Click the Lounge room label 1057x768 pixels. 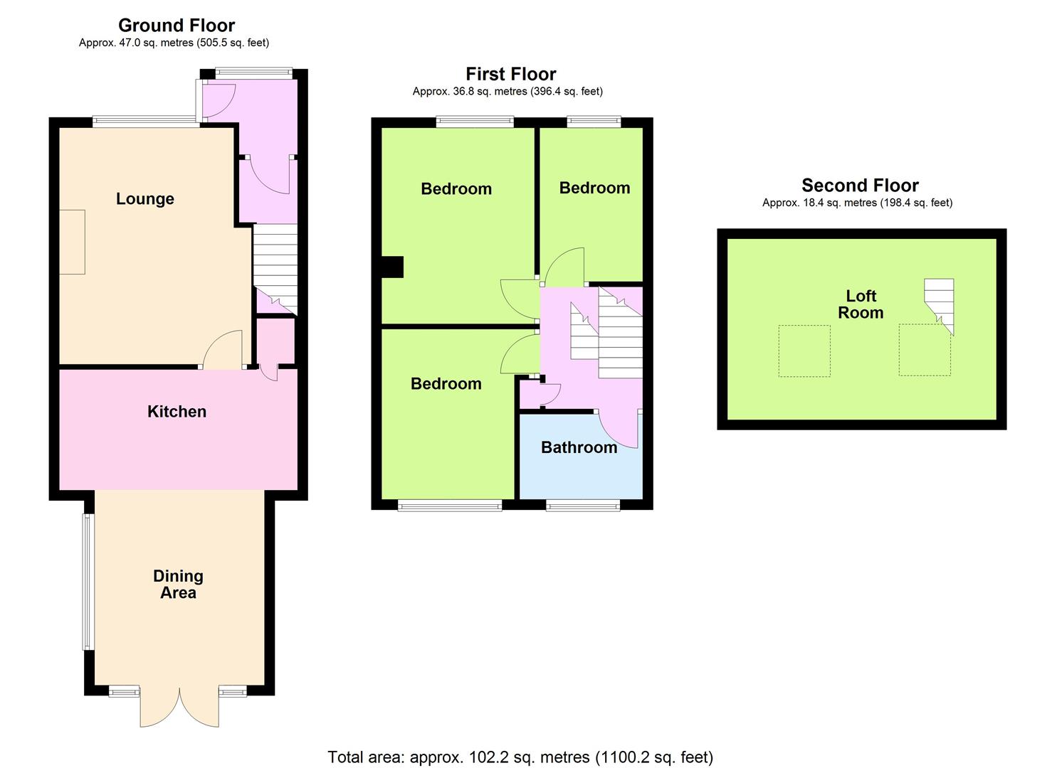point(145,199)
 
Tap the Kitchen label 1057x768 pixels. point(177,412)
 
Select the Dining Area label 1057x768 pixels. point(179,584)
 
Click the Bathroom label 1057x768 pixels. point(579,447)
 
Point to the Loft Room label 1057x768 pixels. point(861,304)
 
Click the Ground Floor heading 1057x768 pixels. point(177,25)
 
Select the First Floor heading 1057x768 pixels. point(511,74)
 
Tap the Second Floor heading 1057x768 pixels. point(861,186)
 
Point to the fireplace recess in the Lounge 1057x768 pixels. point(72,242)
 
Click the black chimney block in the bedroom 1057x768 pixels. point(392,267)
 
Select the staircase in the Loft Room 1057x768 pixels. point(939,304)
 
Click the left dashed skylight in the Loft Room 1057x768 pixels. point(804,351)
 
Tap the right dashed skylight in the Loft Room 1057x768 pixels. point(925,350)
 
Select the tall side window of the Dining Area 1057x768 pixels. point(88,582)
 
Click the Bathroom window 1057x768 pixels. point(583,506)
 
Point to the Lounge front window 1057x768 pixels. point(147,122)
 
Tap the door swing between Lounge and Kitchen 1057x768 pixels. point(223,349)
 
